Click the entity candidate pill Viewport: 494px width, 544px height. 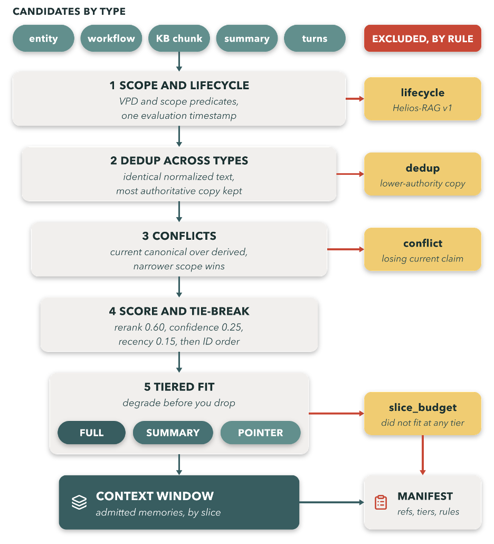(43, 39)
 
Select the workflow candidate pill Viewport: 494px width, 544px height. (111, 39)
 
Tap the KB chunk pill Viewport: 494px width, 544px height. (179, 39)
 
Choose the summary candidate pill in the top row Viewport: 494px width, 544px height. (247, 39)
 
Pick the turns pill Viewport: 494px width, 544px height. (315, 39)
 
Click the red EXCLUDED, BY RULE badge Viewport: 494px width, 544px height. (423, 39)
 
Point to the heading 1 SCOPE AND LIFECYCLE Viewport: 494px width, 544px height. (179, 86)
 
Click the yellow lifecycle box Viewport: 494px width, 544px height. (423, 99)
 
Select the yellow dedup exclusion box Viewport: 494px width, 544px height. (423, 174)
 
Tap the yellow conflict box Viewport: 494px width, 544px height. (423, 249)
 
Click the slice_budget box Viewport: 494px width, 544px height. (423, 414)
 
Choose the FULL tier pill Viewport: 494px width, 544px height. (91, 433)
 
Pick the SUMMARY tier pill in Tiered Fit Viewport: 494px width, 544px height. (173, 433)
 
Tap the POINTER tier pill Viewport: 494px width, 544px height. (260, 433)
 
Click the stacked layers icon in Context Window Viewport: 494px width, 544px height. (79, 502)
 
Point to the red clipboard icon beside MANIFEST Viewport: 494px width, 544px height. (381, 502)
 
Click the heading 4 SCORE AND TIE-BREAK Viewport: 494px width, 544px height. (179, 311)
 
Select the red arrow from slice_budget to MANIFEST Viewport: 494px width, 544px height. (423, 455)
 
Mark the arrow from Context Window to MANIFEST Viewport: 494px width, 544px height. (332, 502)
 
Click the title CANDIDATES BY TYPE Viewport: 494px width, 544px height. (69, 12)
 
